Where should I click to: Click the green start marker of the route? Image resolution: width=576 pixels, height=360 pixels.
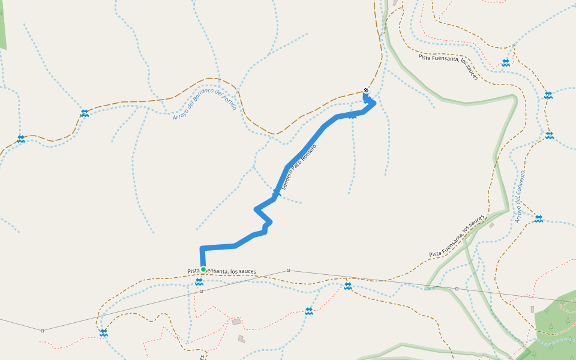(x=203, y=269)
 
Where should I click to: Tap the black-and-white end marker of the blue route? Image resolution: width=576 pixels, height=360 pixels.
(x=366, y=91)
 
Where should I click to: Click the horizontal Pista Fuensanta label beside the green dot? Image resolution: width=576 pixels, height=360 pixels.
(x=221, y=271)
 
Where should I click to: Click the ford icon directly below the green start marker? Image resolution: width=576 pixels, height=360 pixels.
(x=199, y=281)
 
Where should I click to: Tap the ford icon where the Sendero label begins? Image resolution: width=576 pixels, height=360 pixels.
(x=277, y=193)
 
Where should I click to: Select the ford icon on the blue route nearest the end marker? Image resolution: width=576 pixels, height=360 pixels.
(x=352, y=115)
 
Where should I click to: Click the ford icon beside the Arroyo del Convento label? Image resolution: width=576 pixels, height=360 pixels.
(x=538, y=219)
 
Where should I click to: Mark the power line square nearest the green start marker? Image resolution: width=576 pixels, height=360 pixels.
(x=202, y=292)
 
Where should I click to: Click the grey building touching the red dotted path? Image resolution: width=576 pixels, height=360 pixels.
(x=236, y=322)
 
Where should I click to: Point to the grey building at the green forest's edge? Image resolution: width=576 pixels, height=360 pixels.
(x=532, y=309)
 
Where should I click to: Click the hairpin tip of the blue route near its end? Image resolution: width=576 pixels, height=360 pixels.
(x=374, y=103)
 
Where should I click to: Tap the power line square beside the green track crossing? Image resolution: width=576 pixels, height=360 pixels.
(x=457, y=289)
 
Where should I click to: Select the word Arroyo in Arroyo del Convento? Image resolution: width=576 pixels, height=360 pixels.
(x=517, y=213)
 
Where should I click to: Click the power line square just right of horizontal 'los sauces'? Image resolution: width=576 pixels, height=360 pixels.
(x=288, y=271)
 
